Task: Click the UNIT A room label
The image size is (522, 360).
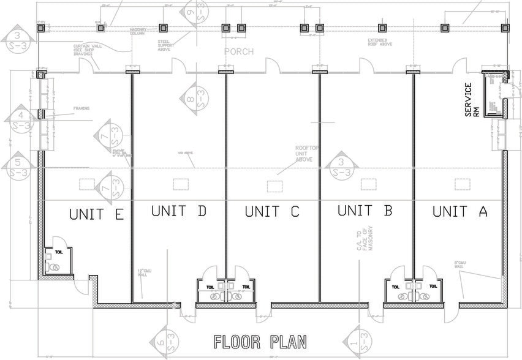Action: pyautogui.click(x=460, y=212)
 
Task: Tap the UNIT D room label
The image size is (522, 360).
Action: pyautogui.click(x=178, y=211)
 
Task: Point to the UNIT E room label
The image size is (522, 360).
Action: pyautogui.click(x=97, y=214)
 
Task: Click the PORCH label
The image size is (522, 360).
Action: pyautogui.click(x=239, y=51)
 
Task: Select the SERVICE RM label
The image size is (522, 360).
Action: pyautogui.click(x=472, y=100)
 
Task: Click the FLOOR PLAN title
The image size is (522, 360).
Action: pyautogui.click(x=260, y=341)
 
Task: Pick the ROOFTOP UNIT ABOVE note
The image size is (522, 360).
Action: pyautogui.click(x=304, y=153)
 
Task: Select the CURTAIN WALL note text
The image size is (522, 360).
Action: pyautogui.click(x=86, y=48)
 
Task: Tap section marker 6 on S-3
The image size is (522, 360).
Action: pyautogui.click(x=162, y=347)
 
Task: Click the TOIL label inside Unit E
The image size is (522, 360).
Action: pyautogui.click(x=58, y=251)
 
